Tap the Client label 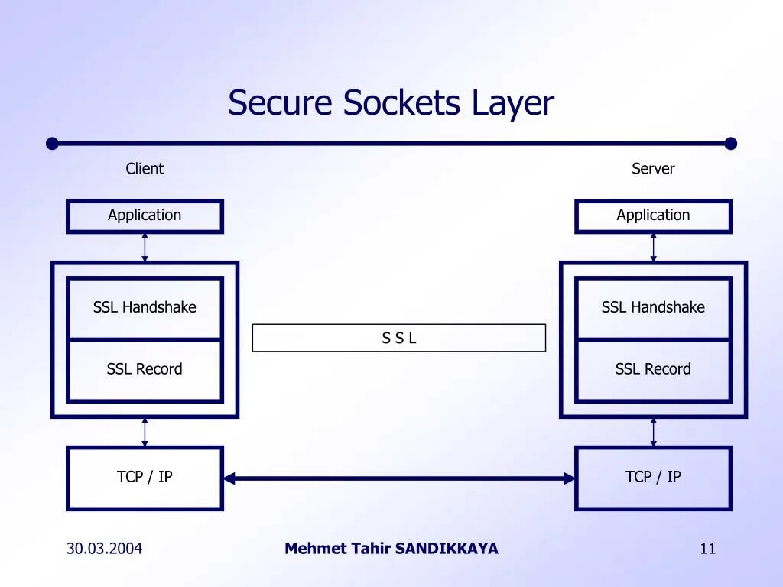[x=145, y=169]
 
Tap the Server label [x=653, y=169]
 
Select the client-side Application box [x=145, y=216]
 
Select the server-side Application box [x=653, y=216]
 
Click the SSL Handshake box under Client [x=145, y=307]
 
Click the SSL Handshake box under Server [x=653, y=307]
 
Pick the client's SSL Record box [x=145, y=370]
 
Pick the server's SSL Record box [x=653, y=370]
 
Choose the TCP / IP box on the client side [x=145, y=478]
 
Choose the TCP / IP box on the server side [x=653, y=478]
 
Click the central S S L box [x=399, y=338]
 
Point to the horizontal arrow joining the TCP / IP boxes [x=399, y=479]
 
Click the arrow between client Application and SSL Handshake [x=145, y=248]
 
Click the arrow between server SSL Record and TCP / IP [x=653, y=432]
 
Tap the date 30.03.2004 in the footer [x=104, y=548]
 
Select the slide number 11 [x=708, y=548]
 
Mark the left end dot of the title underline [x=52, y=143]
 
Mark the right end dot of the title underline [x=730, y=143]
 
